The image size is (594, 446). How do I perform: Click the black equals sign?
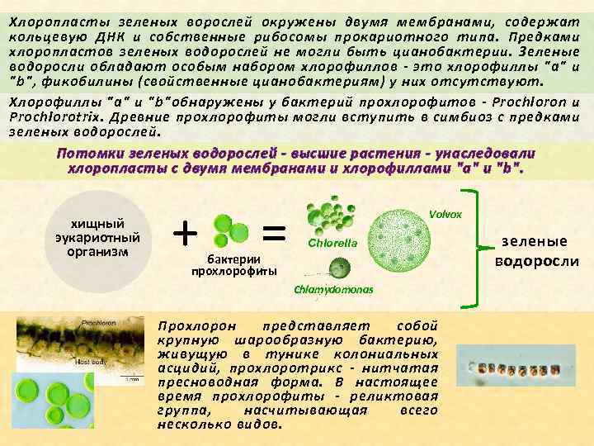[x=274, y=230]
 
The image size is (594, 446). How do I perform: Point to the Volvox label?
[x=445, y=214]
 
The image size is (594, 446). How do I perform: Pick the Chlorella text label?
[x=332, y=243]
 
